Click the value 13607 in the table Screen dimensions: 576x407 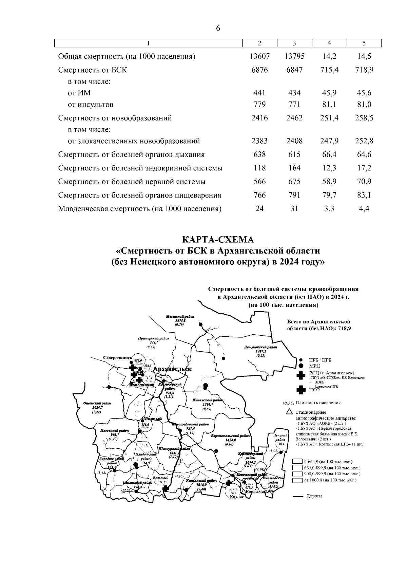point(259,56)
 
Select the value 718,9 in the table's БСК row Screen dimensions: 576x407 point(364,70)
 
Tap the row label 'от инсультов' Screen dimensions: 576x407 point(91,105)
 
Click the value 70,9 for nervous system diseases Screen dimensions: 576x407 point(364,182)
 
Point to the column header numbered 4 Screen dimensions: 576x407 point(329,43)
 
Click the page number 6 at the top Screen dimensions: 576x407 point(218,29)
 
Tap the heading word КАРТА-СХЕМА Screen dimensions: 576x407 point(218,240)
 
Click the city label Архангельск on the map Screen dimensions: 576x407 point(172,369)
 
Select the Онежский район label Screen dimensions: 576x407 point(97,403)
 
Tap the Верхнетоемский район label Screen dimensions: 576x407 point(230,435)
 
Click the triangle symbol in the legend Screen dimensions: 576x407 point(289,412)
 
